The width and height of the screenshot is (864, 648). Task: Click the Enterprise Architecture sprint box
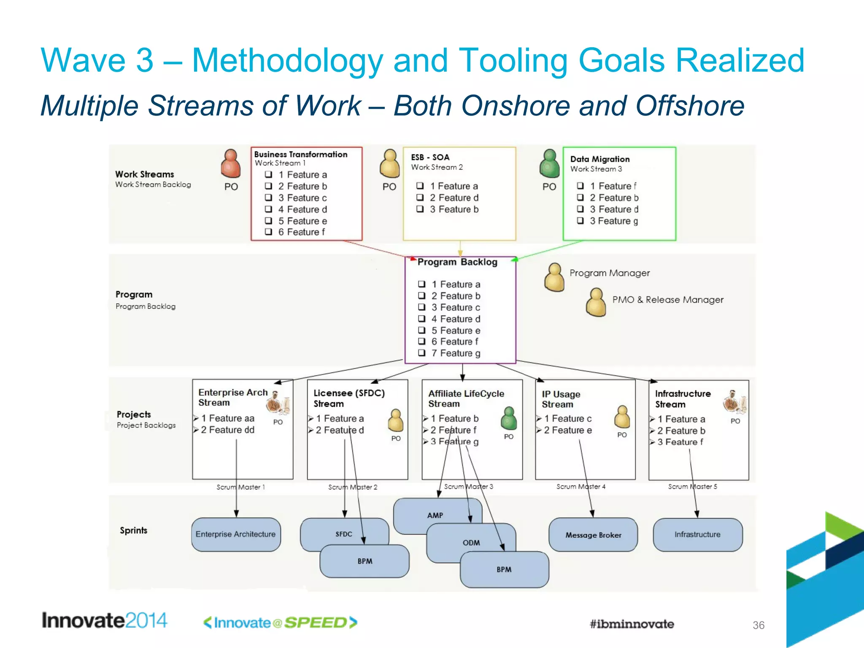tap(235, 534)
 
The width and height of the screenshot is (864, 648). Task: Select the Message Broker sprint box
tap(593, 535)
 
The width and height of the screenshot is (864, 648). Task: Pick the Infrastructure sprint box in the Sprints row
tap(697, 535)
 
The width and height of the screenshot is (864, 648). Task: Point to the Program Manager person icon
tap(554, 278)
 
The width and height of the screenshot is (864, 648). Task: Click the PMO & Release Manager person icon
tap(596, 302)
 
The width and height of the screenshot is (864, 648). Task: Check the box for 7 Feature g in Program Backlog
tap(421, 353)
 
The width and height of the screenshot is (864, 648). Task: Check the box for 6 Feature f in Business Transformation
tap(268, 232)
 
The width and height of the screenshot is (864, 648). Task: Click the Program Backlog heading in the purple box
tap(457, 262)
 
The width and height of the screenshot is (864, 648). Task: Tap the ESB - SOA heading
tap(430, 157)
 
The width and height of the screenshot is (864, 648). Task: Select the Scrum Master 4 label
tap(580, 486)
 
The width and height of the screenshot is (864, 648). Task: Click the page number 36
tap(758, 625)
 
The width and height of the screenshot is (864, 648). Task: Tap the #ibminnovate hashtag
tap(632, 624)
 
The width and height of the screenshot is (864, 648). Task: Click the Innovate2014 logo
tap(104, 621)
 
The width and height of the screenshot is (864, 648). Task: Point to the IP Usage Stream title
tap(561, 399)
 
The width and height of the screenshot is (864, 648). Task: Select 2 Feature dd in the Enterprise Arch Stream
tap(227, 430)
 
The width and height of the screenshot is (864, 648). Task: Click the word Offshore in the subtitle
tap(689, 105)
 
